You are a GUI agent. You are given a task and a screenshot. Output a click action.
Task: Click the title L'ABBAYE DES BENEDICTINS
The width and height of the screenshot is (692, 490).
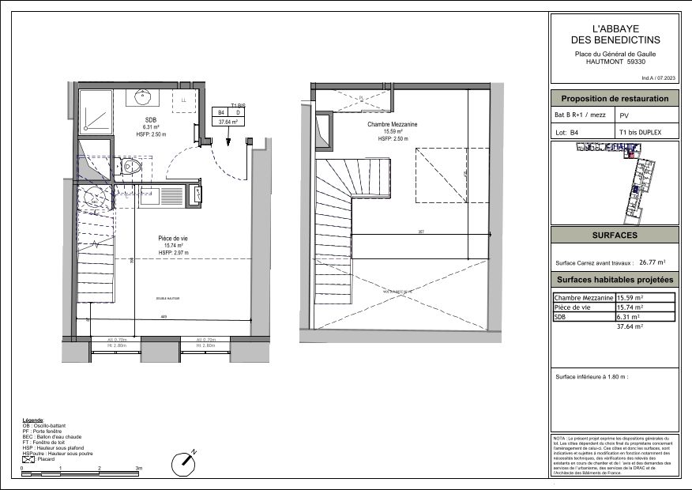tap(615, 33)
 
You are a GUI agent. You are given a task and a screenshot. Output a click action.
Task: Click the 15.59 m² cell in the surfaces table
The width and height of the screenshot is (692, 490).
tap(630, 297)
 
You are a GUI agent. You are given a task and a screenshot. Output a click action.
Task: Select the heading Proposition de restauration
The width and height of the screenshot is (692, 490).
tap(615, 99)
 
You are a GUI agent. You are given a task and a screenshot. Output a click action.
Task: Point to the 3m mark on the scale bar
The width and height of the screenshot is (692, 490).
tap(138, 469)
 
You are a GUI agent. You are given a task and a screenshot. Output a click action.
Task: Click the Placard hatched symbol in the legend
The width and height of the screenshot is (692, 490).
tap(28, 459)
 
